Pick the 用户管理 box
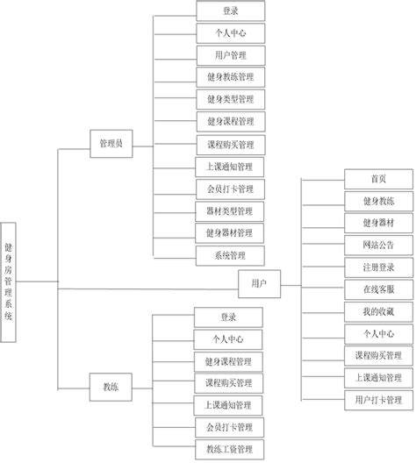coord(230,55)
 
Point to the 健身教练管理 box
coord(230,77)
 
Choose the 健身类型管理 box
coord(230,99)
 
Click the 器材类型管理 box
coord(230,210)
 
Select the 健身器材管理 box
coord(230,232)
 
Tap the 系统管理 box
coord(230,255)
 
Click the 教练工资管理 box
coord(228,449)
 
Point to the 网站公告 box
coord(378,245)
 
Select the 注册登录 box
coord(378,267)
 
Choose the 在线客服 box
coord(378,289)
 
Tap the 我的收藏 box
coord(378,311)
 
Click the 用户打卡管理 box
coord(378,400)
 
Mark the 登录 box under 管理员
coord(230,11)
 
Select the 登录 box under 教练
coord(228,317)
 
